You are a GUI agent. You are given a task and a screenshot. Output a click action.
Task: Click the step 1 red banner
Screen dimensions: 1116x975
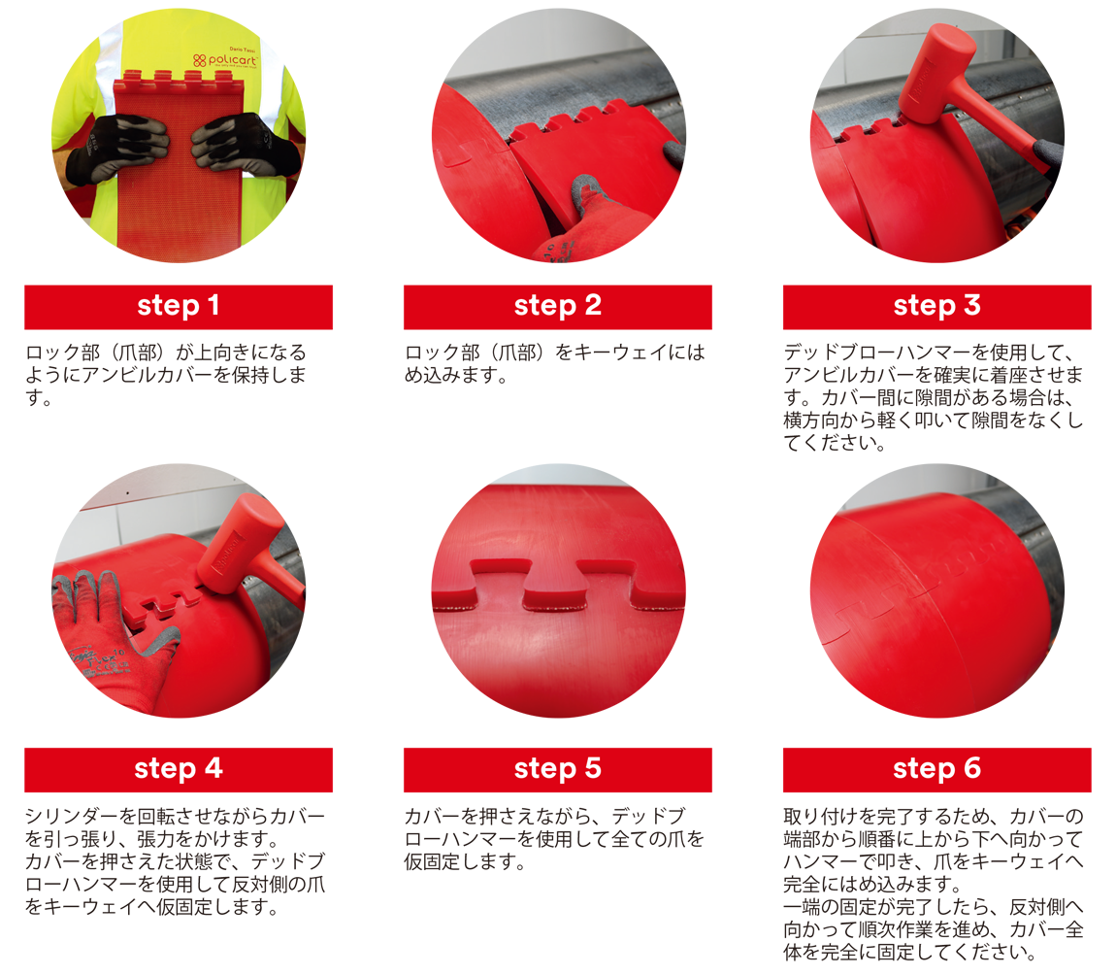(178, 307)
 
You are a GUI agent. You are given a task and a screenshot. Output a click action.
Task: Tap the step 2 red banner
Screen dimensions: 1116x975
(557, 307)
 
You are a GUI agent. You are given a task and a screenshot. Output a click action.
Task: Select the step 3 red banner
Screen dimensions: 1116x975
(936, 307)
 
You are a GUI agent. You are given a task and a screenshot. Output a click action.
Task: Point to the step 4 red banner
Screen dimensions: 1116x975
(178, 770)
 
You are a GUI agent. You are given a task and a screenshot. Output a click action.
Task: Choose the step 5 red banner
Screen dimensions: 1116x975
(557, 770)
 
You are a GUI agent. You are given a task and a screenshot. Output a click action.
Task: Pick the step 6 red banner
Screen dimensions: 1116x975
(936, 770)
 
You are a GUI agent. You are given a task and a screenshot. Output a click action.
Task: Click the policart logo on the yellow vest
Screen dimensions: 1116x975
(225, 60)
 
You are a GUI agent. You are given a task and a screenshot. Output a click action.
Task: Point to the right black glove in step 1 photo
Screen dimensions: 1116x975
(242, 146)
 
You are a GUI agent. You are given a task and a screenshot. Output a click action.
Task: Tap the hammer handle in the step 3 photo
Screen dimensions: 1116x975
(1003, 128)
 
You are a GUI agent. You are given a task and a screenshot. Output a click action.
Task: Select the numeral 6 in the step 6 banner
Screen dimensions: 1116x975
(972, 768)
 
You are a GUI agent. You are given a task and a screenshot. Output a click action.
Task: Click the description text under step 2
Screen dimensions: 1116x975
(555, 363)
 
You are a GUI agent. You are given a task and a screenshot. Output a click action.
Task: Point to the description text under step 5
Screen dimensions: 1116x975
(554, 838)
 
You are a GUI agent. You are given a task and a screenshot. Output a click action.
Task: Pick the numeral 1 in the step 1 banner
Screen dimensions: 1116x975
(213, 306)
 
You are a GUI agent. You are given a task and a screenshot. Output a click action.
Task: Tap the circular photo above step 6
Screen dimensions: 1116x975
(936, 591)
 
